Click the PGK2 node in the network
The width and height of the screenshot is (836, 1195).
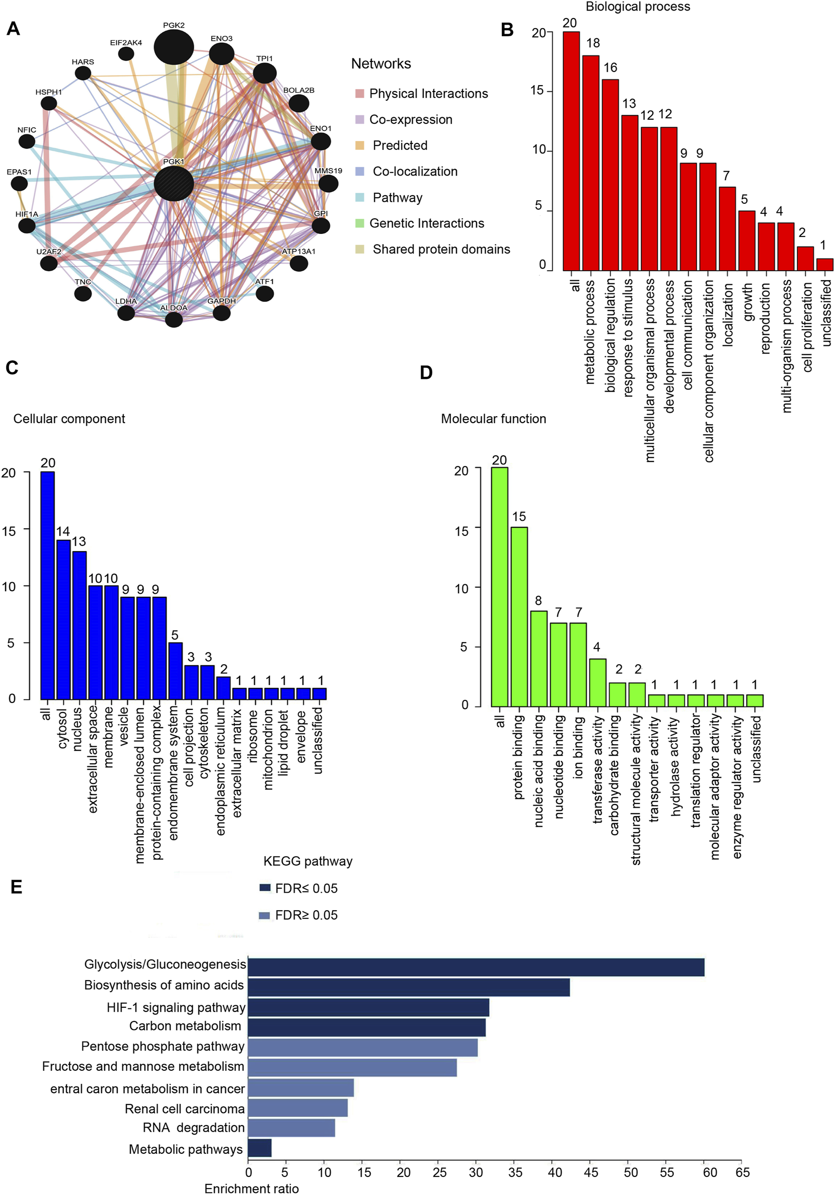[x=174, y=47]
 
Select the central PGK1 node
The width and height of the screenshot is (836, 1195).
[x=174, y=183]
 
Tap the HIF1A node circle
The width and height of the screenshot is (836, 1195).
[x=27, y=225]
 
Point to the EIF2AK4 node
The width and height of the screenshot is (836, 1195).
[x=126, y=54]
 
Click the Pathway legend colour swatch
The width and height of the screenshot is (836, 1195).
[x=360, y=197]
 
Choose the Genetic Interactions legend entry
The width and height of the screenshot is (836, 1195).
[x=426, y=223]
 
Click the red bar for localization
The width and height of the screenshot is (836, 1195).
[x=727, y=228]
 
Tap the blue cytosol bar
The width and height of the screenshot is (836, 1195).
[x=63, y=619]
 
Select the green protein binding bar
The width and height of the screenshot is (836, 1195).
[x=519, y=617]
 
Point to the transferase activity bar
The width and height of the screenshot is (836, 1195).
[x=597, y=682]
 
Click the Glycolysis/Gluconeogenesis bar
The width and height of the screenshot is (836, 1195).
[x=476, y=967]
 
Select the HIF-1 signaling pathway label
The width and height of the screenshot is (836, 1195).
[x=176, y=1008]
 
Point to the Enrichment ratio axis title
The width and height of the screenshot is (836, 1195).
[x=252, y=1188]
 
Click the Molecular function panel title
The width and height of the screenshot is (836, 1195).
[x=493, y=419]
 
